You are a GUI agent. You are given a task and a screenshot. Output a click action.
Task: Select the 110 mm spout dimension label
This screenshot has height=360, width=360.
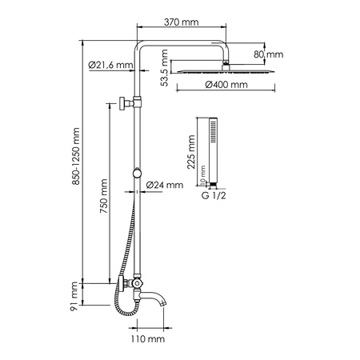pos(149,339)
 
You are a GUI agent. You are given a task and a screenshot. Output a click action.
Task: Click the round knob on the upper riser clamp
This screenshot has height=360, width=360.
pos(120,103)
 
